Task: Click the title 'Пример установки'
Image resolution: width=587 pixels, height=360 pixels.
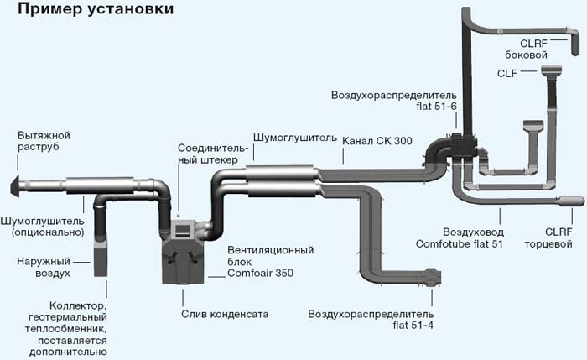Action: (x=96, y=9)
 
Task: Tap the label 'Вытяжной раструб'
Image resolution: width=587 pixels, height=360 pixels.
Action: (x=44, y=141)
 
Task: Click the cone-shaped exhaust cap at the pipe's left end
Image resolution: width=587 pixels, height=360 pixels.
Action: (x=15, y=185)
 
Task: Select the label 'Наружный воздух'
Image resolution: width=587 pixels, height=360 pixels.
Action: (x=44, y=267)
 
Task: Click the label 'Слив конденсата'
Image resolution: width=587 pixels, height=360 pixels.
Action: (x=225, y=314)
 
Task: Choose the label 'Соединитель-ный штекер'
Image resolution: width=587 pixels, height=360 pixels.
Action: (x=213, y=154)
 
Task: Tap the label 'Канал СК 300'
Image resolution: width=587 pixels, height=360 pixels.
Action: (x=377, y=141)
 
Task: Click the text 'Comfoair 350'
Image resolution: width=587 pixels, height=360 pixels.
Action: (x=261, y=273)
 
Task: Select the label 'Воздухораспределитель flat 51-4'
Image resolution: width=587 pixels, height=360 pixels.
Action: (x=371, y=320)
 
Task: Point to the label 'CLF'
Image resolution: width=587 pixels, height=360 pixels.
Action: (x=506, y=73)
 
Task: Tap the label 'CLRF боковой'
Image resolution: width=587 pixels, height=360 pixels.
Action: (x=526, y=49)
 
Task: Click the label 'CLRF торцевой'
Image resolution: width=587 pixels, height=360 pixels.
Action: (x=548, y=237)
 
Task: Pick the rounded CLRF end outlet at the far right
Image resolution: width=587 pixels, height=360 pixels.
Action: (x=571, y=201)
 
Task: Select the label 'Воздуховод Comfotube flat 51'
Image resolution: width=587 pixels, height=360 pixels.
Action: (x=460, y=237)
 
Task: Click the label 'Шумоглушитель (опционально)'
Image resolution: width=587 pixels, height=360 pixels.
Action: (x=42, y=227)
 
